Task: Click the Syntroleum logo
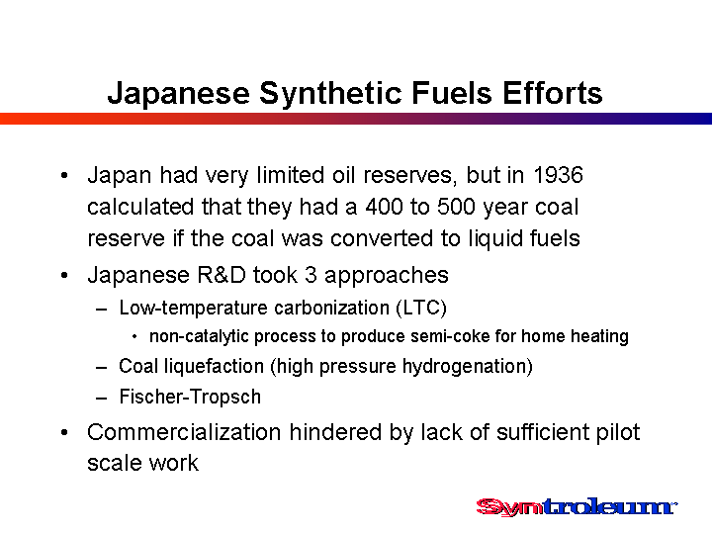(x=577, y=506)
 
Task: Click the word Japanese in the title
(x=178, y=94)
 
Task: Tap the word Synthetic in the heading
(x=330, y=94)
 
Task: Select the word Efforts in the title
(x=552, y=93)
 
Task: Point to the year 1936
(x=558, y=175)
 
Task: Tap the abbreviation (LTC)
(x=421, y=308)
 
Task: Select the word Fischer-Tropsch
(x=190, y=397)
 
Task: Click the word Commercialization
(x=184, y=432)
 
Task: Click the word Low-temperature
(x=194, y=309)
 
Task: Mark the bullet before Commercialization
(x=64, y=433)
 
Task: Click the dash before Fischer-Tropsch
(x=101, y=399)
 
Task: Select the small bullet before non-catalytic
(x=134, y=337)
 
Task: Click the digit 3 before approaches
(x=311, y=275)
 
